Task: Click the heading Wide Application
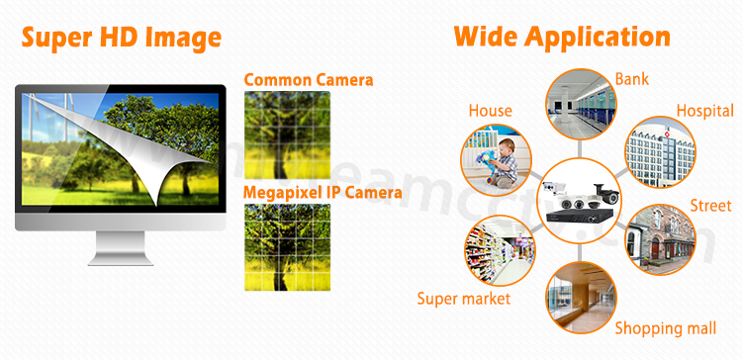click(x=562, y=37)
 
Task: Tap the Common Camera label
click(x=308, y=79)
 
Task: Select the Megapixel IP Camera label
click(x=323, y=192)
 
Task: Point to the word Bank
click(x=630, y=78)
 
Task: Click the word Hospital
click(x=704, y=111)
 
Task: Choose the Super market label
click(x=463, y=298)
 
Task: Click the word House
click(x=491, y=110)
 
